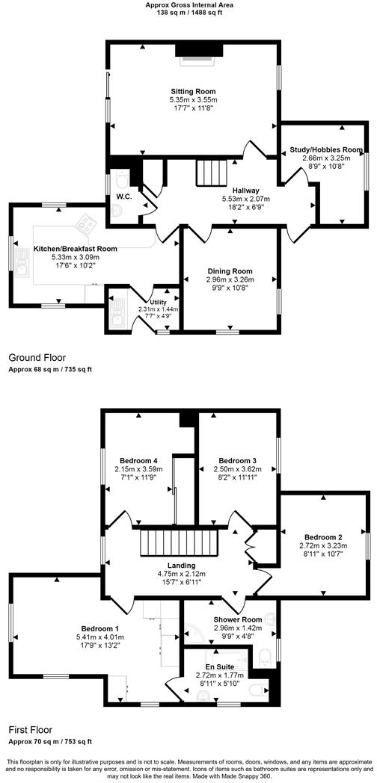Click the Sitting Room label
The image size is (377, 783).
coord(193,91)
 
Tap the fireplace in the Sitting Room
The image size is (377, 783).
coord(199,50)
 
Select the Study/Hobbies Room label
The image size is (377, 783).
coord(325,149)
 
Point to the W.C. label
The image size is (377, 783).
coord(124,198)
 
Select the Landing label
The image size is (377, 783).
coord(182,566)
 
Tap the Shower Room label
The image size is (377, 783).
coord(237,619)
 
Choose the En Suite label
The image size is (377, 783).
coord(221,666)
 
